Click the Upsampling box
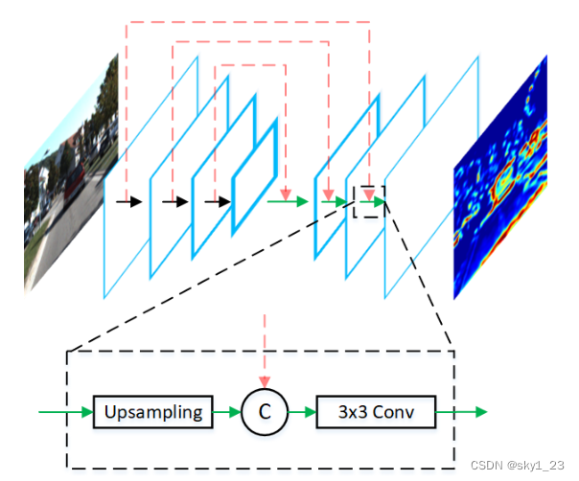click(x=153, y=413)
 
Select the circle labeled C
click(x=265, y=413)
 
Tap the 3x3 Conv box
click(x=376, y=413)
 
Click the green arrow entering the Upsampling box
click(x=65, y=413)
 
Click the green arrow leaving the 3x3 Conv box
click(x=462, y=413)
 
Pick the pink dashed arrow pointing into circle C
click(x=265, y=355)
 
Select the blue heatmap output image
click(x=499, y=177)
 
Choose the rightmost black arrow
click(x=219, y=201)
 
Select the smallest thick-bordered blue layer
click(x=254, y=177)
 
